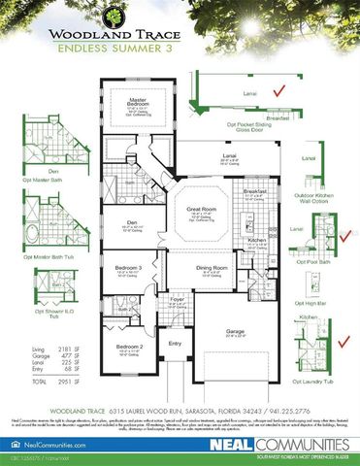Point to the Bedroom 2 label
tap(130, 346)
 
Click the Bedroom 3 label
tap(129, 267)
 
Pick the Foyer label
tap(178, 300)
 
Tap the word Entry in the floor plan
tap(176, 343)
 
